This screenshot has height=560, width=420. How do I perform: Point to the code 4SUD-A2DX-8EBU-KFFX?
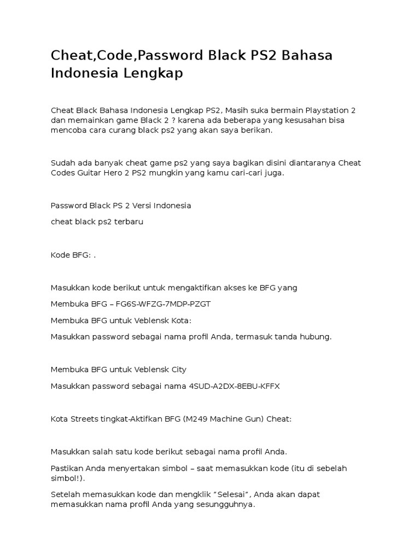pyautogui.click(x=234, y=386)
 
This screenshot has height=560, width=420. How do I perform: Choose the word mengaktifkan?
pyautogui.click(x=200, y=288)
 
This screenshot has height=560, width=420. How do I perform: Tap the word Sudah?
pyautogui.click(x=62, y=163)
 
